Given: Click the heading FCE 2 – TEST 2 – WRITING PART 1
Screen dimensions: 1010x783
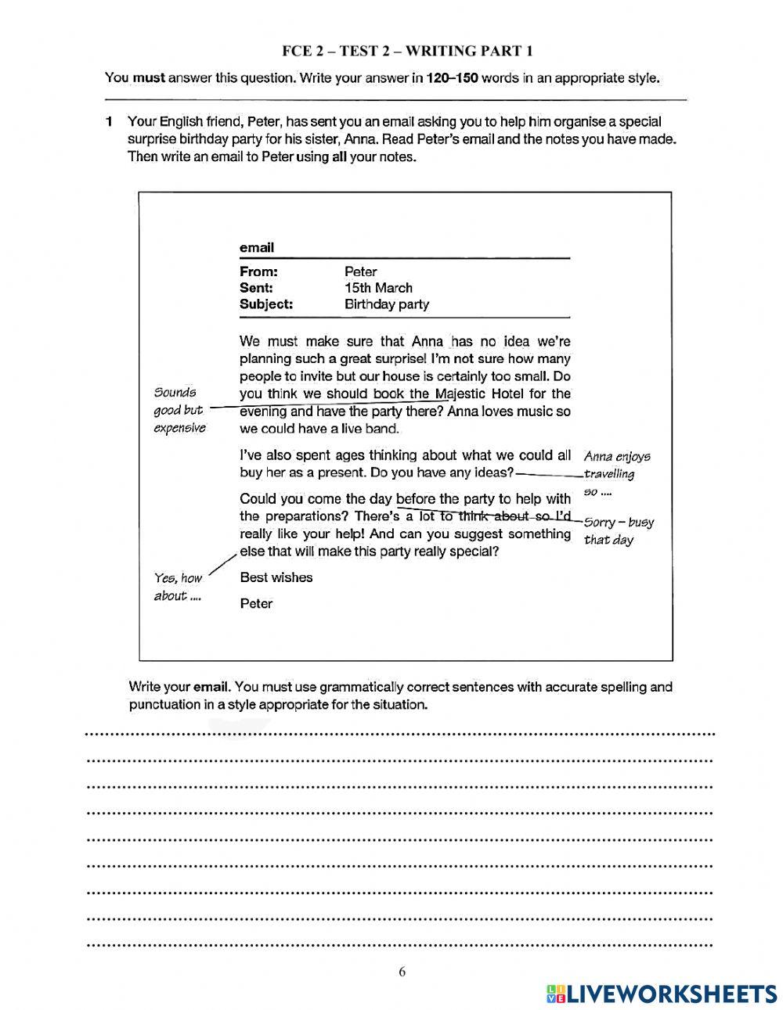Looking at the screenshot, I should point(407,52).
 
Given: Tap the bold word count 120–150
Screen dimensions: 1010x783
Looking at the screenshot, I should point(452,78).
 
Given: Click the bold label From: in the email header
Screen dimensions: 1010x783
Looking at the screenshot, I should point(258,271).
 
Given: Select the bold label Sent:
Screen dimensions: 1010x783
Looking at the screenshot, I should point(256,288).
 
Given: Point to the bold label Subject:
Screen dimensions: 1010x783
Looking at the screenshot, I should point(266,304).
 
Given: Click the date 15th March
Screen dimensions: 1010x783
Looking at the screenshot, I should point(378,288).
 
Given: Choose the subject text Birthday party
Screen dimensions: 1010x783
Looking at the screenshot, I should point(387,304).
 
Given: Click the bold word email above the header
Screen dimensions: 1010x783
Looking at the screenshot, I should point(257,248).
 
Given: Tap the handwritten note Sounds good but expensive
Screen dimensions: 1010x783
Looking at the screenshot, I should point(179,410).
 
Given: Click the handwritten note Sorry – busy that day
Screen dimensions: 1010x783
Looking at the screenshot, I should point(619,530).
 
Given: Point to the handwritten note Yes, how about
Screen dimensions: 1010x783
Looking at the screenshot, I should point(178,587).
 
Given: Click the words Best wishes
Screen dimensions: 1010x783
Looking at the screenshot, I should point(276,577).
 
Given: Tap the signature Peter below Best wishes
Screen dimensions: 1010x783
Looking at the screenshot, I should point(256,603).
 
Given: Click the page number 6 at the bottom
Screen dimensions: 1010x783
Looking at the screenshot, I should point(402,972).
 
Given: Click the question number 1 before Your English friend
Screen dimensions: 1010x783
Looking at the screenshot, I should point(110,122).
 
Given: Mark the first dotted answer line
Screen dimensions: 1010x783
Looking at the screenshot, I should point(399,735).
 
